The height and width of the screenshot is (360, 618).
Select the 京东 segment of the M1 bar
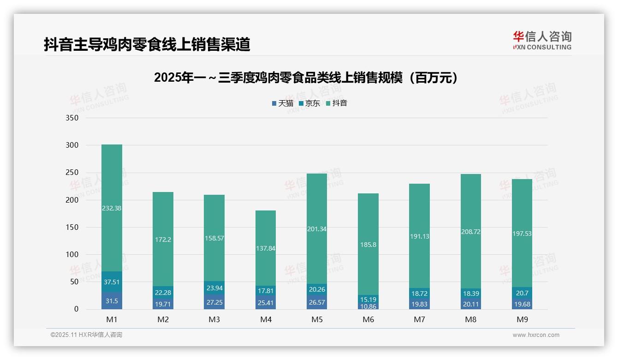112,282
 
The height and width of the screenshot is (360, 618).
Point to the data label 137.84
266,248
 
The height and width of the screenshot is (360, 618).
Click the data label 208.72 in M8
470,232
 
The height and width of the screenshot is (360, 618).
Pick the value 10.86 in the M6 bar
368,306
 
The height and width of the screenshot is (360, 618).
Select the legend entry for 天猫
283,103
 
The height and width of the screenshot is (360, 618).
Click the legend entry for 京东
309,103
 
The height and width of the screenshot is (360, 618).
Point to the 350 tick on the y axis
72,118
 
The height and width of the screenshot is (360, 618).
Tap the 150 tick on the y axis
72,227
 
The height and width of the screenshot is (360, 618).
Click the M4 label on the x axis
266,319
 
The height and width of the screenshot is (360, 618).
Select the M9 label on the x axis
522,319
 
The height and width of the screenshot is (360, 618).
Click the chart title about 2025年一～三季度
308,78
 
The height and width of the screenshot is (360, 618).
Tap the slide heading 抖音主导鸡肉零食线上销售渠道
147,44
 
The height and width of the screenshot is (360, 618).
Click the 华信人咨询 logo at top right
542,40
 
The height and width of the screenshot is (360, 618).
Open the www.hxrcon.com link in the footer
536,335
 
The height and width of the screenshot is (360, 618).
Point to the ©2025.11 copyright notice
86,335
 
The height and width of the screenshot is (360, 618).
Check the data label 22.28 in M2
163,293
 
